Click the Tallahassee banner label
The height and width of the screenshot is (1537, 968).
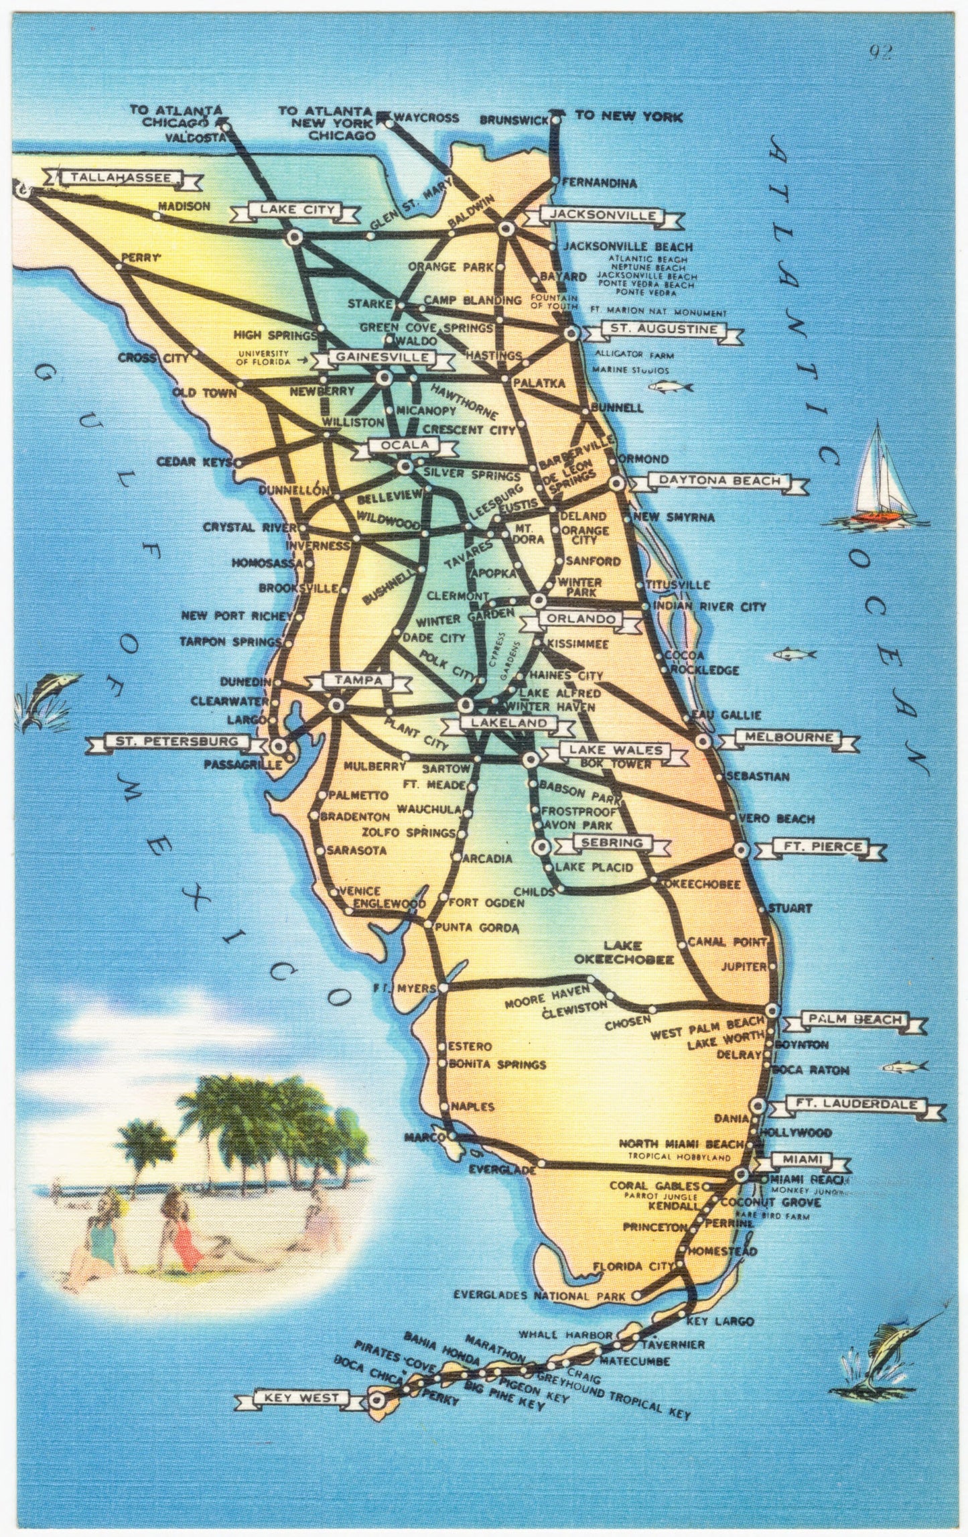(121, 178)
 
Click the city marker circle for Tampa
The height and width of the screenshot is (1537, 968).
(336, 704)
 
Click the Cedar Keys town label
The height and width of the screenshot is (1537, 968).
(194, 462)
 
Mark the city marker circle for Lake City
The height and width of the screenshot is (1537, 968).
(294, 237)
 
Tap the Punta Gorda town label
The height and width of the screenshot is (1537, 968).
(477, 928)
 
